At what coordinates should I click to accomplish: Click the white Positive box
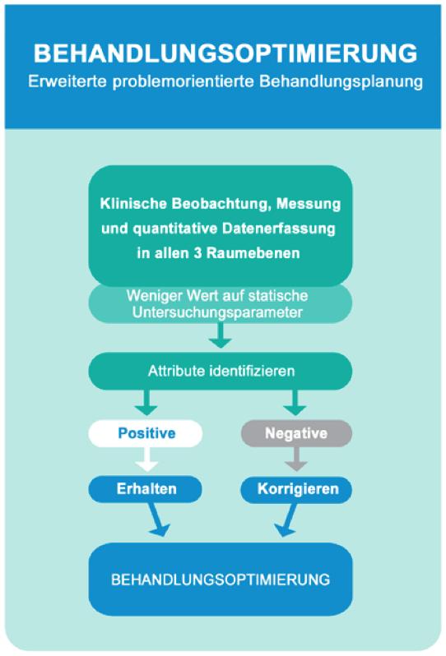[146, 433]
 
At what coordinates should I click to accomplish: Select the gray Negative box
[296, 433]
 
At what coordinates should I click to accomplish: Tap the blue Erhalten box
[146, 489]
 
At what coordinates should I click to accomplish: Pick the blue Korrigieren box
[296, 489]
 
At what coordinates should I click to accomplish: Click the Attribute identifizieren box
[221, 371]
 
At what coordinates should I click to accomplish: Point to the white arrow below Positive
[146, 460]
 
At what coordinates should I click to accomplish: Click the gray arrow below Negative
[296, 460]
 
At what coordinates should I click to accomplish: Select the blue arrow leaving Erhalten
[157, 520]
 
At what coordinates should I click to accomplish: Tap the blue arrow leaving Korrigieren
[287, 520]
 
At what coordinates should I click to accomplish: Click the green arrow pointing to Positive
[146, 403]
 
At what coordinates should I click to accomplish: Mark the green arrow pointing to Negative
[295, 403]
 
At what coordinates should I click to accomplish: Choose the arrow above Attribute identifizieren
[221, 335]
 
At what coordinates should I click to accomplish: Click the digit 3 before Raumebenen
[197, 253]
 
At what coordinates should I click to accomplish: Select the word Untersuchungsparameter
[217, 313]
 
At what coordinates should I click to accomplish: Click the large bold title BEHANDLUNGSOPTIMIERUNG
[225, 53]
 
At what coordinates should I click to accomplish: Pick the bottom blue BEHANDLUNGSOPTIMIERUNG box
[221, 579]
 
